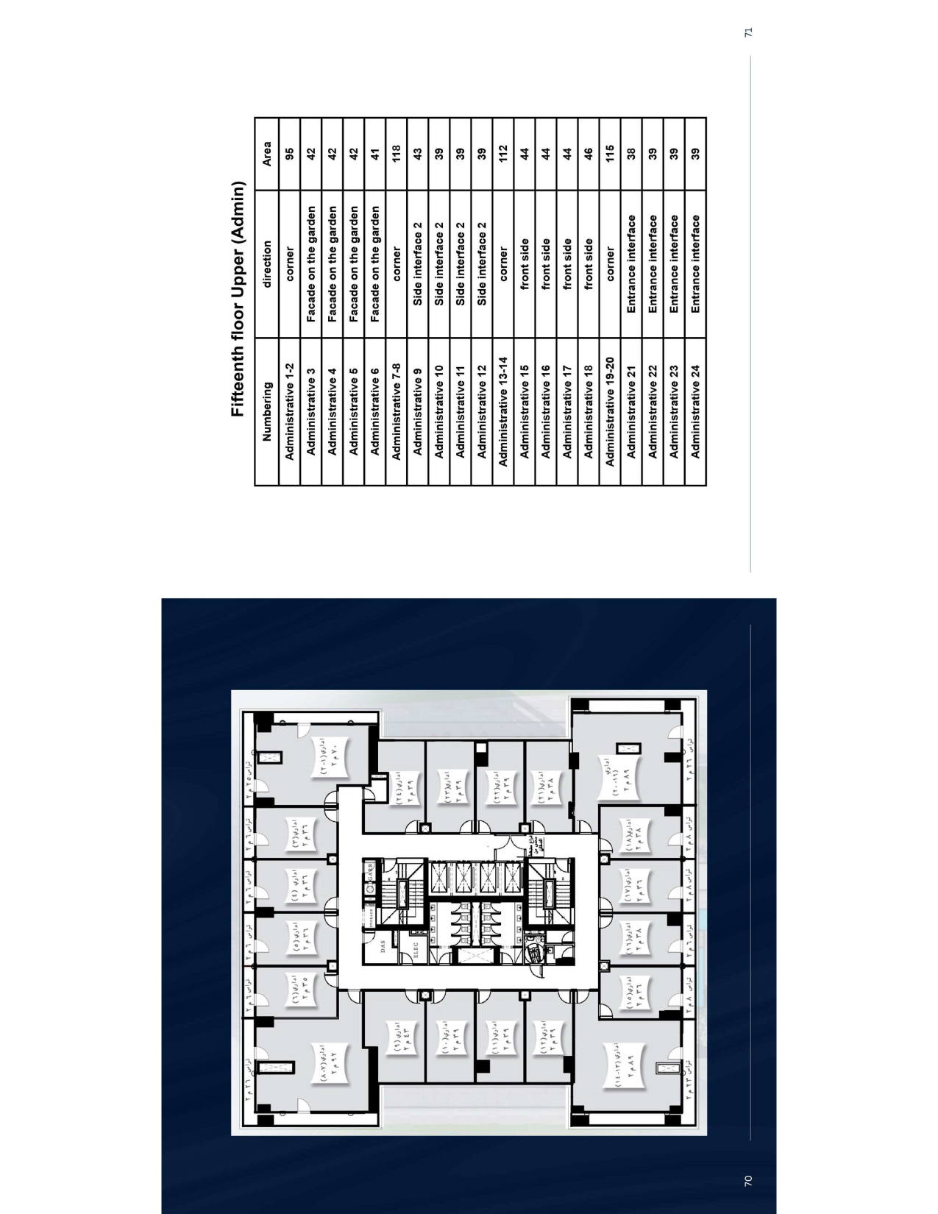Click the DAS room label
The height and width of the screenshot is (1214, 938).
click(x=383, y=948)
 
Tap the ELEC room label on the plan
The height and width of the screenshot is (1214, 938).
click(x=413, y=945)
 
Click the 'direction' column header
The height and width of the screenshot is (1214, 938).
click(x=267, y=263)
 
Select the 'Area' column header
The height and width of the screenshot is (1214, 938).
click(x=267, y=153)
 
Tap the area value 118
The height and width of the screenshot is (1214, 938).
click(x=396, y=153)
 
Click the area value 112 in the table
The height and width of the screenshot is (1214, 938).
click(x=503, y=153)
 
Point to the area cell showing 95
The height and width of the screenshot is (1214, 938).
click(x=289, y=153)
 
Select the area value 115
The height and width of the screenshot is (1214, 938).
click(x=610, y=153)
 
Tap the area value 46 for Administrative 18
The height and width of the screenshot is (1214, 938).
click(x=589, y=153)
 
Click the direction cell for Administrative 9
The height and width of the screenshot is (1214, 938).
click(x=417, y=263)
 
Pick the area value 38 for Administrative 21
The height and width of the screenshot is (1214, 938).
click(x=631, y=153)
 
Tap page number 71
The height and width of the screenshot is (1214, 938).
click(x=747, y=32)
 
